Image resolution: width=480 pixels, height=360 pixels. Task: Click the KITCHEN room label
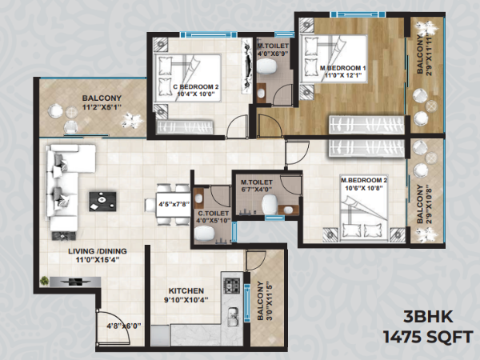[x=186, y=290]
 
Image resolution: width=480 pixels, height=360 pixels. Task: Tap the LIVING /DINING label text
[x=98, y=251]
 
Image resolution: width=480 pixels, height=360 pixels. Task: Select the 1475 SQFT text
[x=428, y=338]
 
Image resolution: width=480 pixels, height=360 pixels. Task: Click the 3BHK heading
[x=428, y=317]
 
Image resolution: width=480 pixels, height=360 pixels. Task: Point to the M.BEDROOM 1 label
[x=343, y=68]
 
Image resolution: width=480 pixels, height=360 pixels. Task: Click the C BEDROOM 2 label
[x=196, y=86]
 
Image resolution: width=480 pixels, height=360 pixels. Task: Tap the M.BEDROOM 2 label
[x=364, y=180]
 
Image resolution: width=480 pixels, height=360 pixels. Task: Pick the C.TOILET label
[x=213, y=214]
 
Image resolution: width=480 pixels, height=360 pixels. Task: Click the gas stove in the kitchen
[x=232, y=286]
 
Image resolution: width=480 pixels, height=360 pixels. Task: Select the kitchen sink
[x=233, y=316]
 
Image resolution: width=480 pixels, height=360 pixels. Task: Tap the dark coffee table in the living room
[x=102, y=201]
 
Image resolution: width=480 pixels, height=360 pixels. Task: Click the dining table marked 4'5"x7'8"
[x=174, y=204]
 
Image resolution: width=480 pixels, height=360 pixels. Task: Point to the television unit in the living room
[x=75, y=282]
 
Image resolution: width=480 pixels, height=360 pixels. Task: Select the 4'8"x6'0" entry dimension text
[x=124, y=326]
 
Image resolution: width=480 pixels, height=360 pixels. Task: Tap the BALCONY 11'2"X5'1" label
[x=102, y=102]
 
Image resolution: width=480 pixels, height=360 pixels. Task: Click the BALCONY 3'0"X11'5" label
[x=265, y=301]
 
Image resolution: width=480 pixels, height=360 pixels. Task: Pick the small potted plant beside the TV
[x=44, y=281]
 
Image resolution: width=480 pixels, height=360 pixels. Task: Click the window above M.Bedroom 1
[x=358, y=14]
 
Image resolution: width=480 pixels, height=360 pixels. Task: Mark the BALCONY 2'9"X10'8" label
[x=424, y=203]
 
